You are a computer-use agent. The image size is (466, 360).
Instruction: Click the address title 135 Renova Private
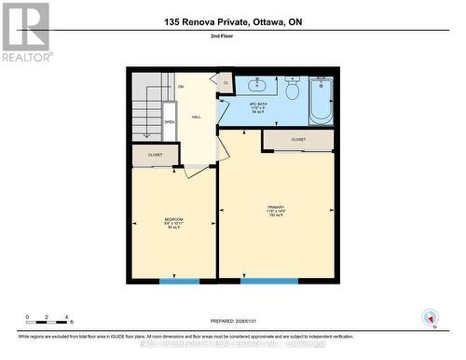point(232,21)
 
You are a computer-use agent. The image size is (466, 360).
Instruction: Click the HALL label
point(196,117)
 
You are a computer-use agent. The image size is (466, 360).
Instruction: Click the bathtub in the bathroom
point(320,100)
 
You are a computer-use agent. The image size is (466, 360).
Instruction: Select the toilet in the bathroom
point(292,90)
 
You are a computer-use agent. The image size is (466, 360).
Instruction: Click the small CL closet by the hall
point(226,83)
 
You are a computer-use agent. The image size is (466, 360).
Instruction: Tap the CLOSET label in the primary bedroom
point(298,139)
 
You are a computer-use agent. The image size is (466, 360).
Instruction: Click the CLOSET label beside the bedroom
point(155,155)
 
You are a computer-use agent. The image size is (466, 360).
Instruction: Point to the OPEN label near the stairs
point(170,121)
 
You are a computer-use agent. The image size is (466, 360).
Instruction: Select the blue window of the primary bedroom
point(269,281)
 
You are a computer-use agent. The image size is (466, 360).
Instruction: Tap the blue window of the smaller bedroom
point(179,281)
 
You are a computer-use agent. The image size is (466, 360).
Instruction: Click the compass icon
point(430,316)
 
